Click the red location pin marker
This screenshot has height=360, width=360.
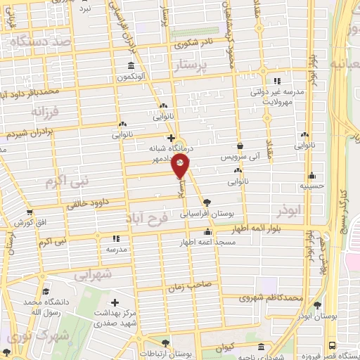point(181,166)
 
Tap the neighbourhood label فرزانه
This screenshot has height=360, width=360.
point(47,110)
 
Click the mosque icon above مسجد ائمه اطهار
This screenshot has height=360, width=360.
point(207,233)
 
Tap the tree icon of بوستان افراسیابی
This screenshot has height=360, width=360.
point(206,202)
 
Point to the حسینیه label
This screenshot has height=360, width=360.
point(311,188)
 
